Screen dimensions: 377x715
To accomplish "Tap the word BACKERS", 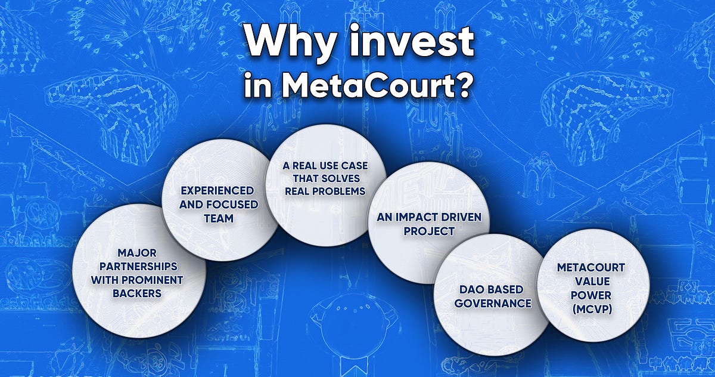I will (x=138, y=293).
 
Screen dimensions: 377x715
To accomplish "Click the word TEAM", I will (x=217, y=218).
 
